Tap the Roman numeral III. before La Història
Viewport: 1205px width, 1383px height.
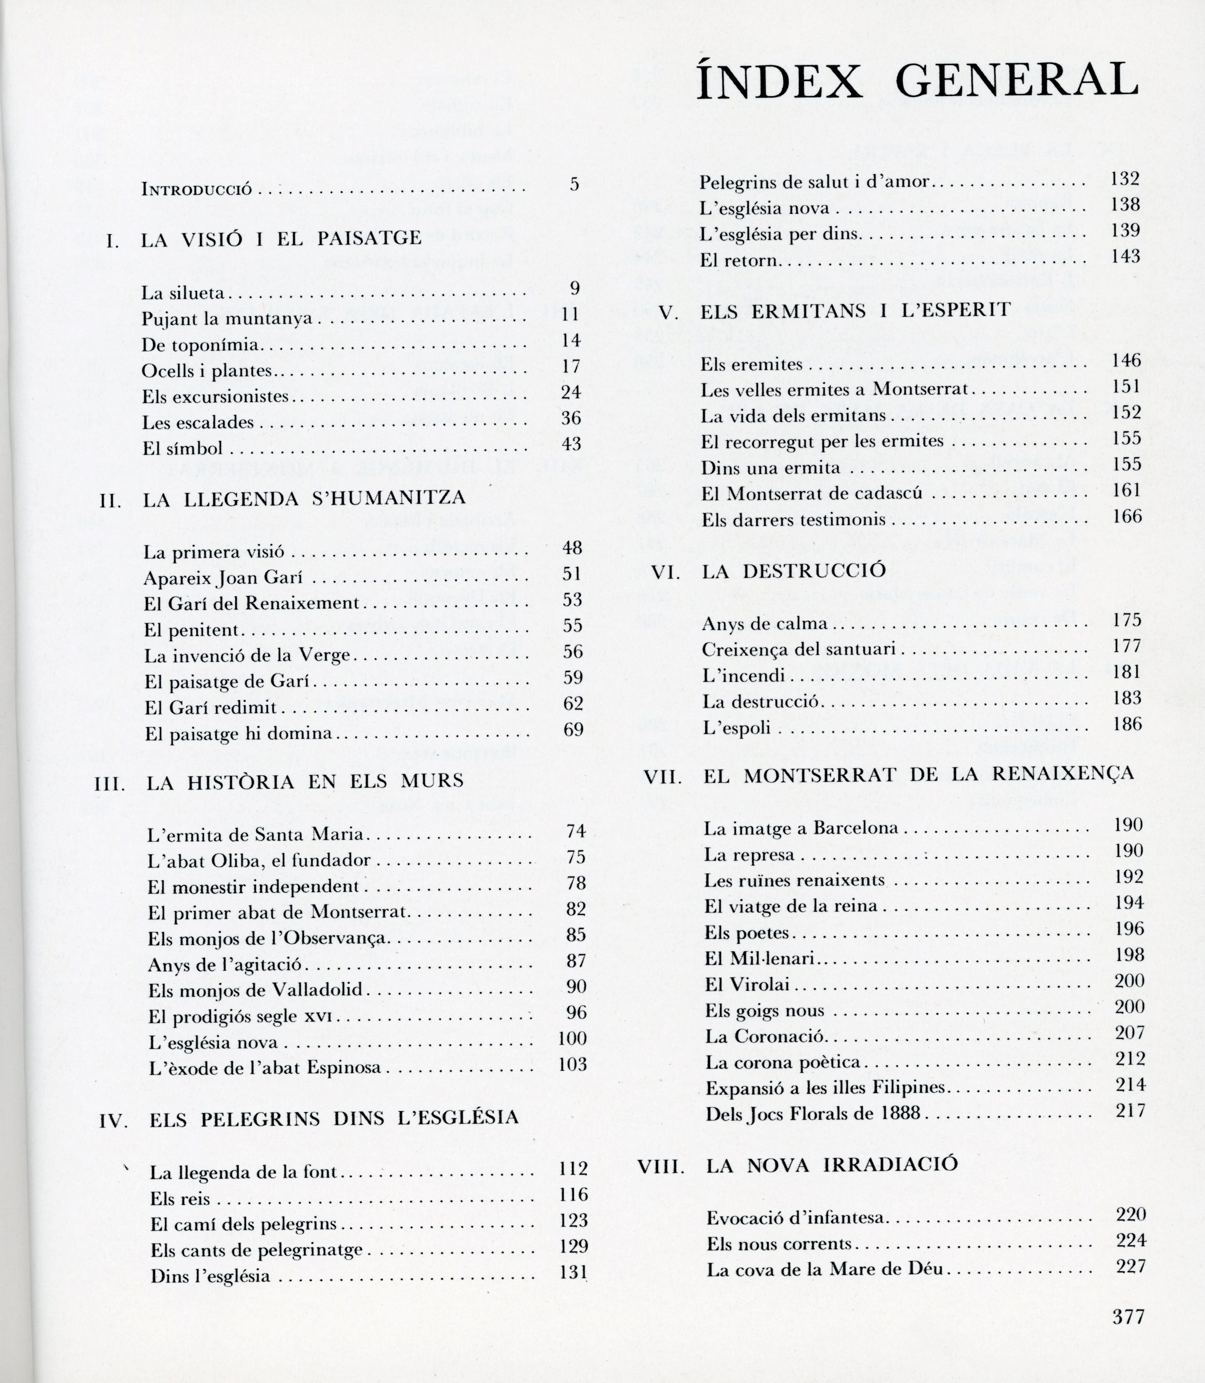[x=110, y=783]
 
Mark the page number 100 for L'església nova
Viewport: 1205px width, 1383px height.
[x=572, y=1039]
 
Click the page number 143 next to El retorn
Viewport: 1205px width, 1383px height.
[x=1125, y=256]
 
